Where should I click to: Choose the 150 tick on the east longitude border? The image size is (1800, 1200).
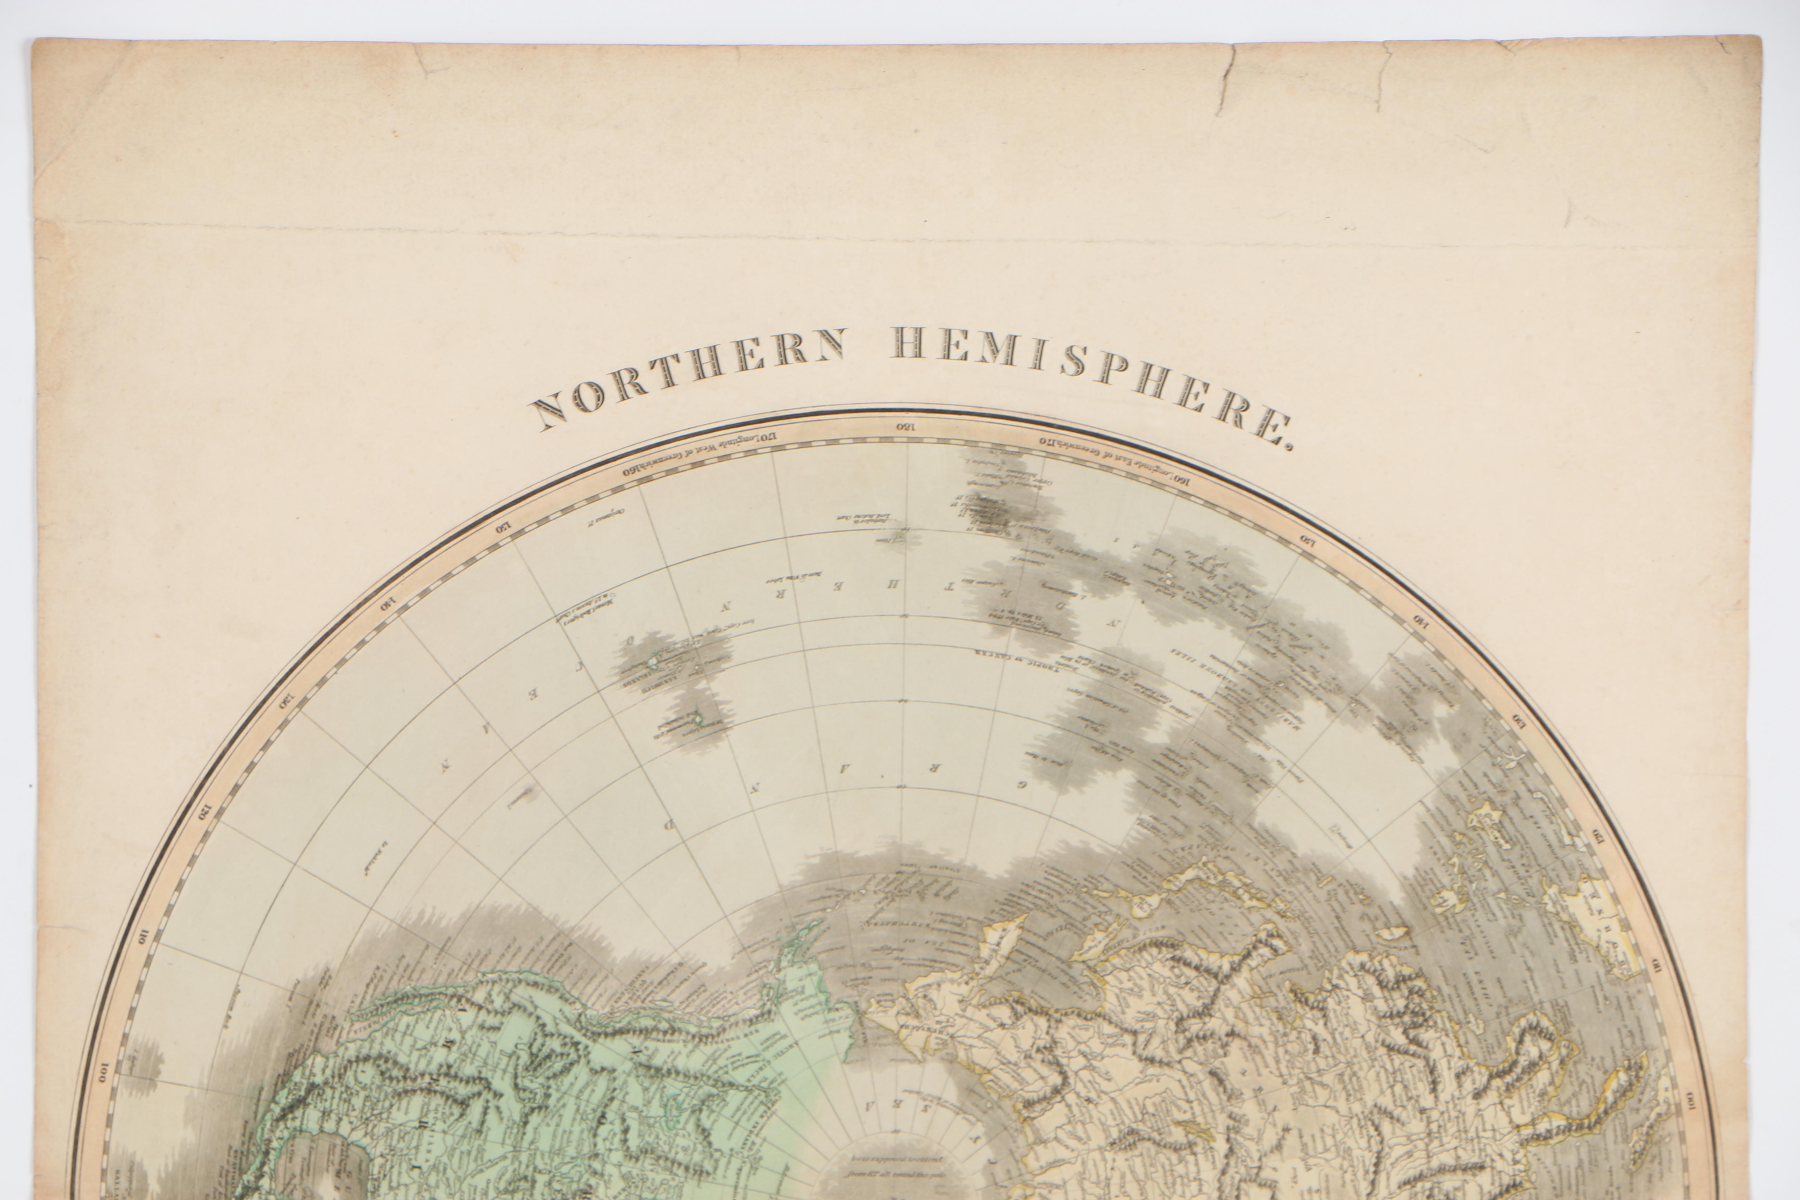click(x=1306, y=539)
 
